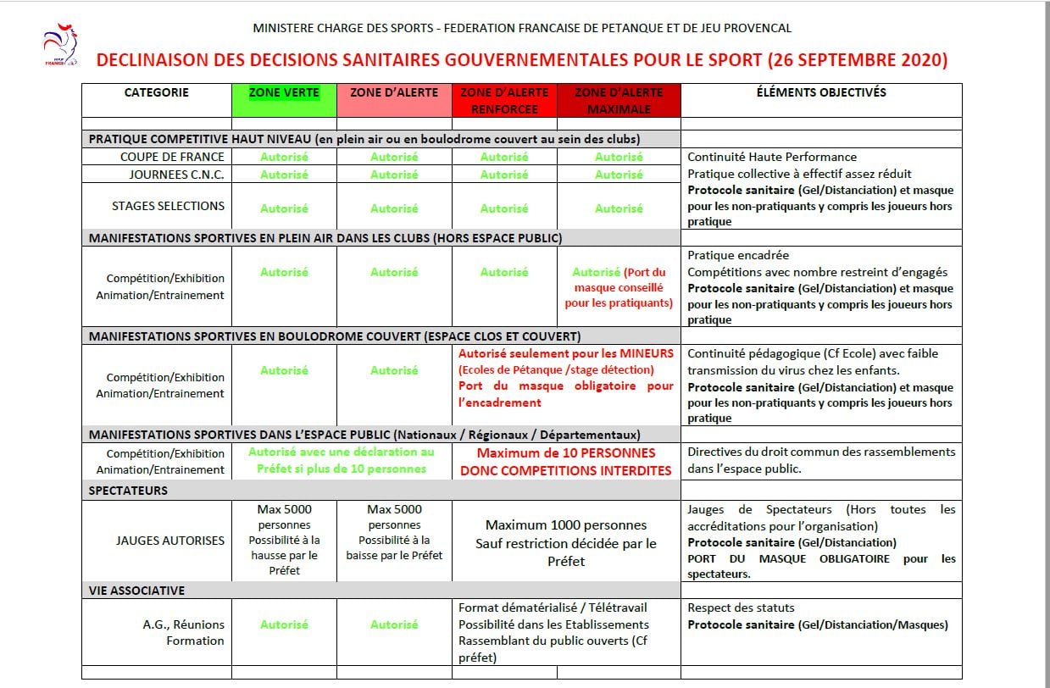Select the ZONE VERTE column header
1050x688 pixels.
coord(284,92)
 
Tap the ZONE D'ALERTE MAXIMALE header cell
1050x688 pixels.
coord(619,100)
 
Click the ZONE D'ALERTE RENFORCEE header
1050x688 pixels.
coord(504,100)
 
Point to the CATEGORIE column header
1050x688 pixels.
coord(157,92)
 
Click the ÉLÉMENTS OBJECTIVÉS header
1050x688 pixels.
coord(821,92)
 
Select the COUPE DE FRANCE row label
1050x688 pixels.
coord(172,157)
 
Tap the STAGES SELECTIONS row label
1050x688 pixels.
coord(168,206)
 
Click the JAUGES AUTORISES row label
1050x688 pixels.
coord(170,541)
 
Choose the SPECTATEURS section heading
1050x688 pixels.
coord(129,491)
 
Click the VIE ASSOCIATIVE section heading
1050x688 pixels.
coord(137,591)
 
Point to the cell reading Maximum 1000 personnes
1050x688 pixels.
coord(566,525)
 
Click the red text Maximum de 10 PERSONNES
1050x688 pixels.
coord(566,453)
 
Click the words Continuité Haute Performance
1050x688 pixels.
coord(772,157)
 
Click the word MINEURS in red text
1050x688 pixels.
coord(646,353)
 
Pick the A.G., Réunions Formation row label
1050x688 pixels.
coord(184,632)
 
